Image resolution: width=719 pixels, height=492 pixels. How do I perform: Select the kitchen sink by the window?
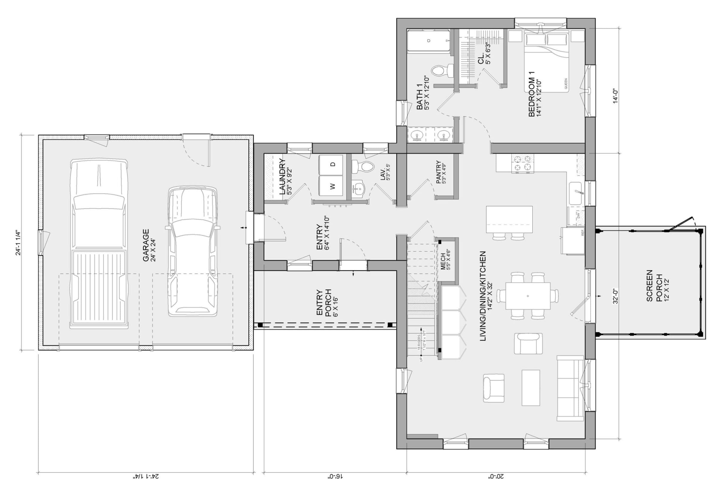pos(576,193)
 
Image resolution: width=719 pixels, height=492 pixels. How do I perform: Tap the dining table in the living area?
pos(528,296)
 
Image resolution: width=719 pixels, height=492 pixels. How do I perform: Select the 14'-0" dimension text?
pos(615,96)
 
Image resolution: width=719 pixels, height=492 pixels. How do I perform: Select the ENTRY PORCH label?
pos(324,303)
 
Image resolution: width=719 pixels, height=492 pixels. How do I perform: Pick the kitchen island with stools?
pos(509,219)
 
